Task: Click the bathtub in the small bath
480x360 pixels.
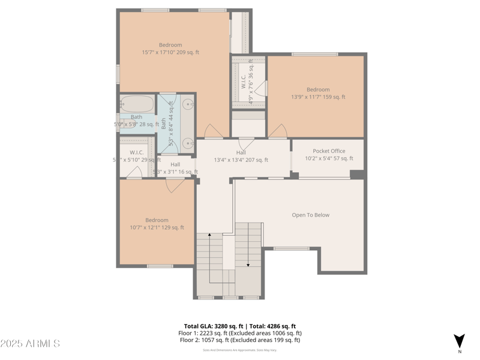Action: (137, 103)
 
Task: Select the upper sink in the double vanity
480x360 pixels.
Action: (188, 104)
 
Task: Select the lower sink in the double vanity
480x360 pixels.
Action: (188, 143)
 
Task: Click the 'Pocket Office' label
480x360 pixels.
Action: (329, 151)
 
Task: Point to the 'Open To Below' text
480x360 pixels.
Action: (310, 215)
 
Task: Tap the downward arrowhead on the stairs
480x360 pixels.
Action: (248, 264)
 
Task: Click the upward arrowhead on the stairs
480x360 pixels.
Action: (209, 236)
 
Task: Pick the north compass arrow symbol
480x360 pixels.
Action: (459, 340)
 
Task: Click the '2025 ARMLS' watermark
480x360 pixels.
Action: (30, 344)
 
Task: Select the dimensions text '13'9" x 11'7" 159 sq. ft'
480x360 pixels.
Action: (318, 97)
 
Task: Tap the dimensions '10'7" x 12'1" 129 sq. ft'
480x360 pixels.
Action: (157, 227)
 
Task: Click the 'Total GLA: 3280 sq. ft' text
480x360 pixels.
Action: (213, 326)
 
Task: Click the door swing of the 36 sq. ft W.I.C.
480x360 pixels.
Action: (260, 89)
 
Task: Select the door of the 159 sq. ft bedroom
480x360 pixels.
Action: (277, 131)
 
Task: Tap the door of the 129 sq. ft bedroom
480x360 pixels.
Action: (175, 185)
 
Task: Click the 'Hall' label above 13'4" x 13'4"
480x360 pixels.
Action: (241, 152)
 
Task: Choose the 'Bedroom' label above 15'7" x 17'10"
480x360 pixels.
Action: (170, 45)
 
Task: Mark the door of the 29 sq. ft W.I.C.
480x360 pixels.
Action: (134, 173)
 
